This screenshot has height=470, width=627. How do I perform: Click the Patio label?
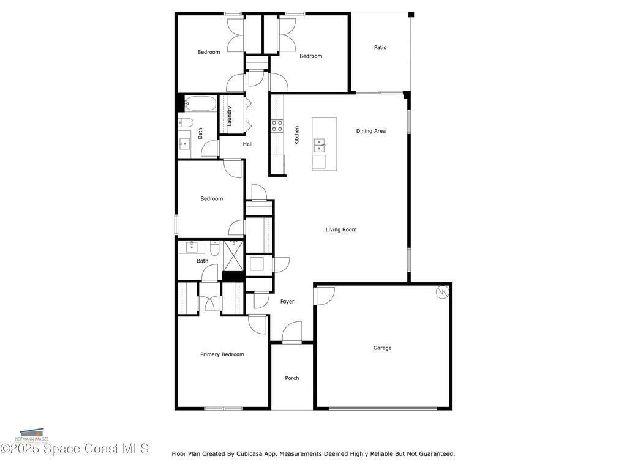(380, 47)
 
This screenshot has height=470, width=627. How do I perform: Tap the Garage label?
(382, 348)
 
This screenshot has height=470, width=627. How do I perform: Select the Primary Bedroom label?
(222, 354)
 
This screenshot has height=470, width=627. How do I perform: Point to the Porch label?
(292, 378)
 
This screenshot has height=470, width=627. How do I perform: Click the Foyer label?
(287, 302)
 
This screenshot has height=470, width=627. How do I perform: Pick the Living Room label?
(340, 229)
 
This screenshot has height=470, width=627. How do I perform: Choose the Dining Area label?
(370, 131)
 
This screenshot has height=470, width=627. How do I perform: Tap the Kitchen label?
(297, 135)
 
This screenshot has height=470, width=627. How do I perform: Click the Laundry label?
(230, 116)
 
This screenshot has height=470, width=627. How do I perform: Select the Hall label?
(247, 144)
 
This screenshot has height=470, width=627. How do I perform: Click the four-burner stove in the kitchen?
(277, 126)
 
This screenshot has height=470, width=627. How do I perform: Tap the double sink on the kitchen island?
(319, 146)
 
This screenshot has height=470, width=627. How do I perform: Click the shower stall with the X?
(233, 255)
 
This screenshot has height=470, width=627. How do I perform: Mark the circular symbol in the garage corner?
(442, 292)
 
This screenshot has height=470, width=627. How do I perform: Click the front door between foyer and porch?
(292, 332)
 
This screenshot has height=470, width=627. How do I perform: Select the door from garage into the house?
(324, 296)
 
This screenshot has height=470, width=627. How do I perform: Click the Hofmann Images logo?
(32, 435)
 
